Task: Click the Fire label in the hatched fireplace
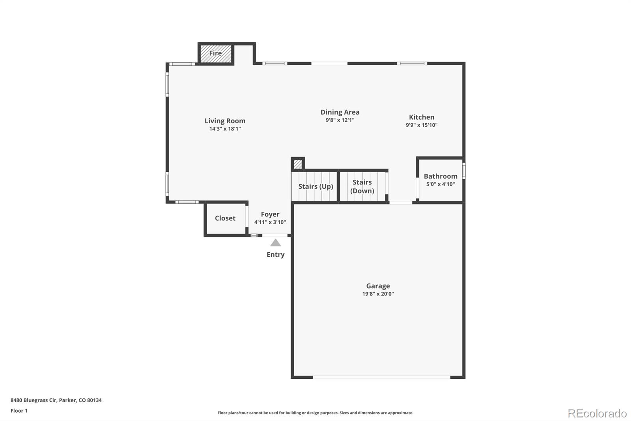point(215,53)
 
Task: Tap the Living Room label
point(225,121)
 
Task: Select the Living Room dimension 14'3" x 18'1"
point(225,129)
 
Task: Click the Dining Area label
point(340,112)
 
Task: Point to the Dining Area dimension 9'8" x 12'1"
point(340,120)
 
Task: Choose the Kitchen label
point(422,117)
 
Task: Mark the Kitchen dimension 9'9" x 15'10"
point(422,125)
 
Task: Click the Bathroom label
point(441,176)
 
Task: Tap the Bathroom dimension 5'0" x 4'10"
point(441,184)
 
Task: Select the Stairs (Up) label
point(315,186)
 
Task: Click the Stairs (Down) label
point(362,186)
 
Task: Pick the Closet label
point(225,218)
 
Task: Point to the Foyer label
point(270,214)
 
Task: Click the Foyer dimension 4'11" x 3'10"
point(270,222)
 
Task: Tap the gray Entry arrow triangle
point(275,243)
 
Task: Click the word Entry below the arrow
point(275,254)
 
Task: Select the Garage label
point(378,286)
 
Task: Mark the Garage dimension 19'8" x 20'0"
point(378,294)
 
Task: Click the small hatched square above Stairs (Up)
point(298,164)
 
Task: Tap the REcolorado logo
point(597,413)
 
